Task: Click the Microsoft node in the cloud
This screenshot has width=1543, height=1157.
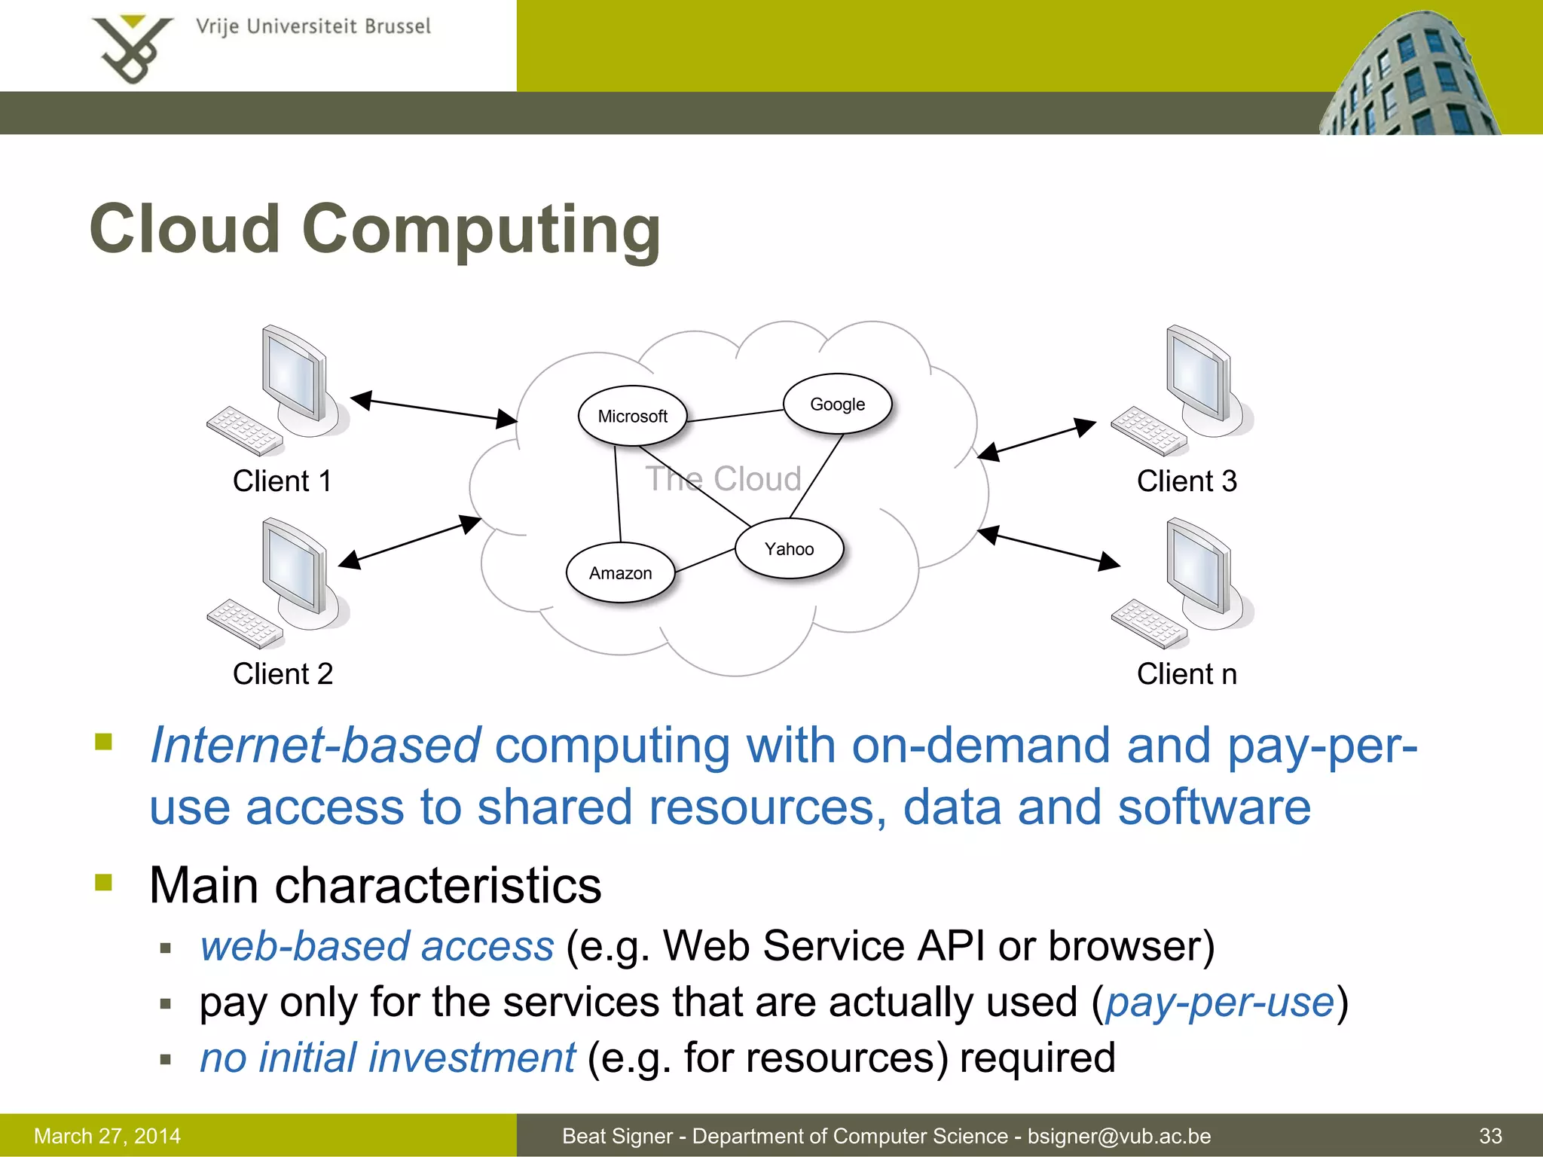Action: [x=632, y=416]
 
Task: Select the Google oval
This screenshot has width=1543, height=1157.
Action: [x=837, y=404]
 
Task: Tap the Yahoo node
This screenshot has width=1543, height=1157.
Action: [x=789, y=548]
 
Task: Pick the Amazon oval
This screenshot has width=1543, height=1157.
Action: [x=620, y=572]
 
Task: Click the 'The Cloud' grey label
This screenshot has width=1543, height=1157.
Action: [x=724, y=479]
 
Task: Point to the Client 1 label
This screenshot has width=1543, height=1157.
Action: [x=283, y=481]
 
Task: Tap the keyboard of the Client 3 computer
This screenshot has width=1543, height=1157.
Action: [x=1147, y=431]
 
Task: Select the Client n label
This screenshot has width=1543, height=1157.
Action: [x=1187, y=673]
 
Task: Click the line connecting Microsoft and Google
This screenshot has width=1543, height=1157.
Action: [x=735, y=416]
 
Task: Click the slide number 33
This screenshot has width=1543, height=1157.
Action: [x=1490, y=1136]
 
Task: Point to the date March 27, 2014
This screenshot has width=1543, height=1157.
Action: [x=108, y=1136]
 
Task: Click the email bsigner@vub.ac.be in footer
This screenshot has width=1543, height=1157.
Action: [x=1119, y=1136]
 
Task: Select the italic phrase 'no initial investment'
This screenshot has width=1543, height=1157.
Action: [x=387, y=1058]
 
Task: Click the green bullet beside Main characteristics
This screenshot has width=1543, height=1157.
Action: [x=103, y=882]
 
